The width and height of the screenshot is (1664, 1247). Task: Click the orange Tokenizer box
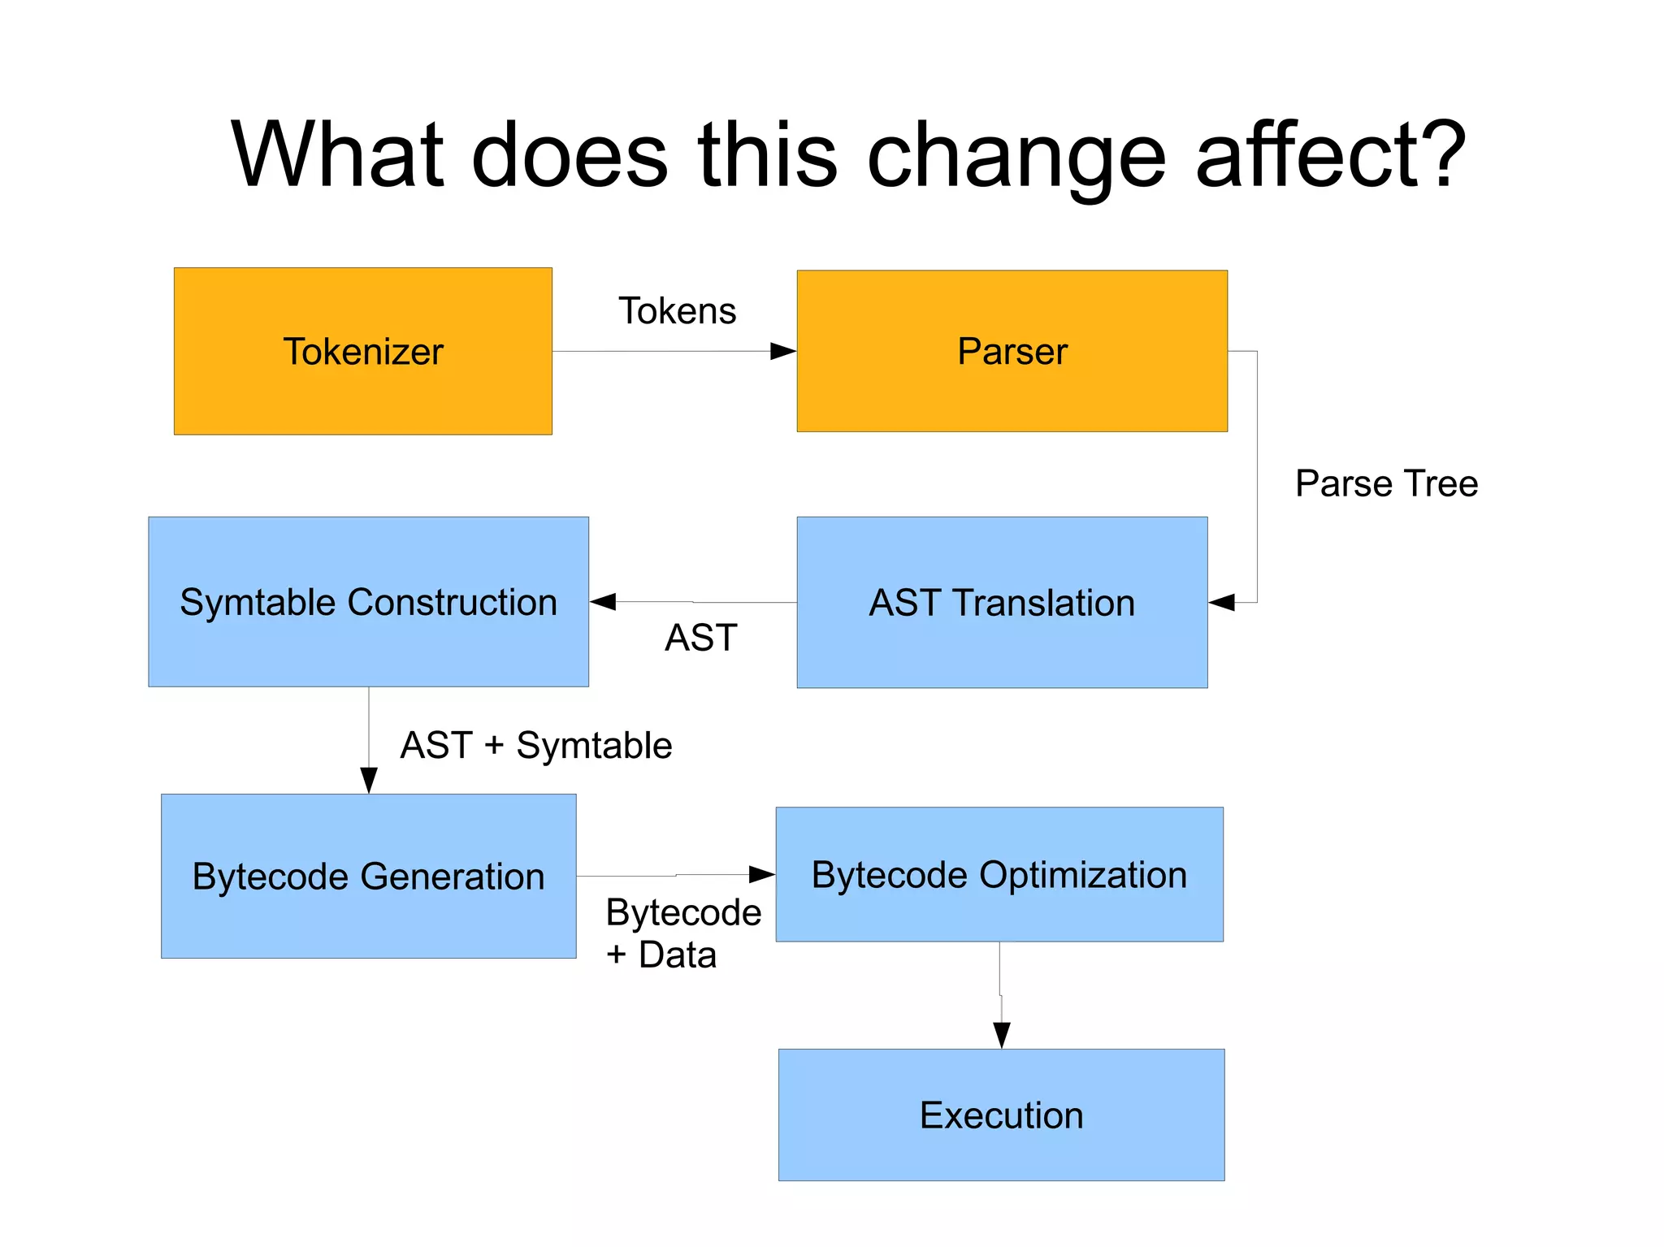[362, 351]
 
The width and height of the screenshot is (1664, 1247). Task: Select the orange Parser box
[1012, 351]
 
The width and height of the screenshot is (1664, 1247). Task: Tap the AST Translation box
[1001, 603]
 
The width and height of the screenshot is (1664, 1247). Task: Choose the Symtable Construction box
[368, 602]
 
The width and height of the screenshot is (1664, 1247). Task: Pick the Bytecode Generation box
[368, 876]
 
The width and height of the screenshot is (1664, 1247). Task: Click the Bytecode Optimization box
[999, 874]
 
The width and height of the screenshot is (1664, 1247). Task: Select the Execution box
[1001, 1115]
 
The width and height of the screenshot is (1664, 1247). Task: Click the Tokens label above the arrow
[677, 311]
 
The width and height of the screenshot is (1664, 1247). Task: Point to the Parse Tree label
[1386, 483]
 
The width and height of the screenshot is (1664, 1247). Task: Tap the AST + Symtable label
[536, 745]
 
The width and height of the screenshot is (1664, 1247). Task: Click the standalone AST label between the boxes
[700, 638]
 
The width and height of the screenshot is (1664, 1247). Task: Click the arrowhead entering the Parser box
[783, 351]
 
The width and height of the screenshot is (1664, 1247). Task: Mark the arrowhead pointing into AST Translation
[1221, 602]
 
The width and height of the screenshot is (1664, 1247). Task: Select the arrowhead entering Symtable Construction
[603, 601]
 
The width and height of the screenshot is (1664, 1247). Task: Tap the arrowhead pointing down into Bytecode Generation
[369, 781]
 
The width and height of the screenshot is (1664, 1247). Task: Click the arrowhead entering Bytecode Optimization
[762, 874]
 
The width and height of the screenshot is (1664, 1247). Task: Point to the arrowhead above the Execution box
[1002, 1035]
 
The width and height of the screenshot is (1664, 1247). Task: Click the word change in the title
[1016, 154]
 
